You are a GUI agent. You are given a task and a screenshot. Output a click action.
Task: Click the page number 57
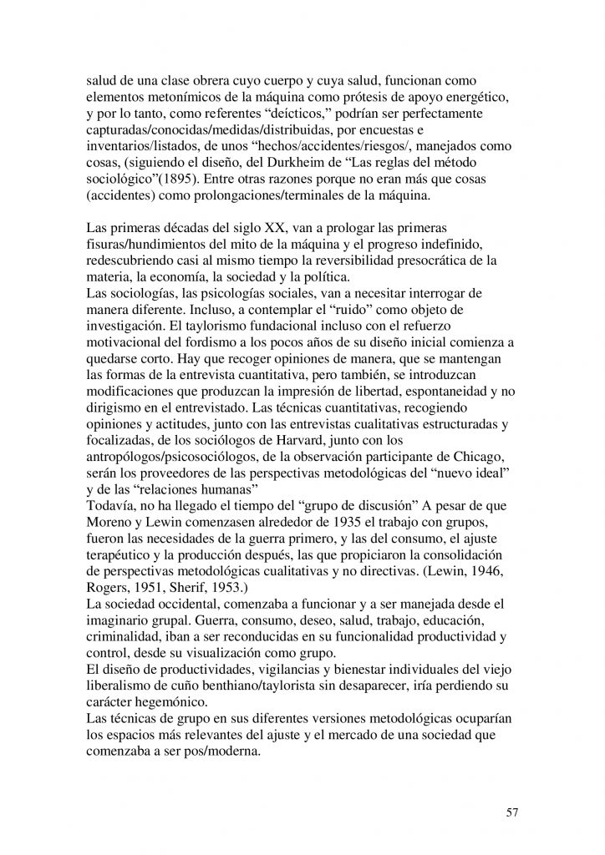512,812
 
